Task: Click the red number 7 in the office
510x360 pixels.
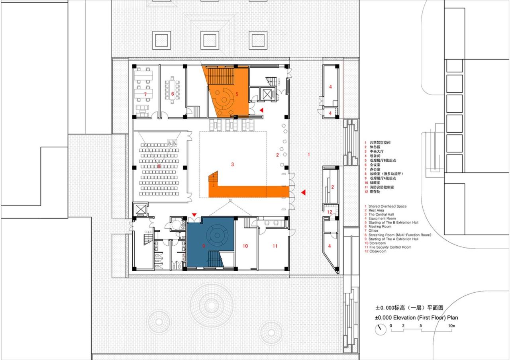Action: pyautogui.click(x=145, y=94)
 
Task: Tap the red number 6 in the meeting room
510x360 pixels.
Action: pyautogui.click(x=173, y=94)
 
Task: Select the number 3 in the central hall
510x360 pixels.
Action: pyautogui.click(x=232, y=164)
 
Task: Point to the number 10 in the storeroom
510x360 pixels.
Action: pyautogui.click(x=245, y=246)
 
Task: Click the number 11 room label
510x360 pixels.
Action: pyautogui.click(x=275, y=246)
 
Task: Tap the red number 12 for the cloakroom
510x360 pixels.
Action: pyautogui.click(x=329, y=212)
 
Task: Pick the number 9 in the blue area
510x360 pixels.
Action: pyautogui.click(x=203, y=247)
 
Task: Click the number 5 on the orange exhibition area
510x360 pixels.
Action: pyautogui.click(x=237, y=94)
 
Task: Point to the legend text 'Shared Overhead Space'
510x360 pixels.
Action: pyautogui.click(x=387, y=206)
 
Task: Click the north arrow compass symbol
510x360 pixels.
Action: pyautogui.click(x=381, y=329)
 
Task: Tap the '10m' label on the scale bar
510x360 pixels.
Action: pyautogui.click(x=451, y=326)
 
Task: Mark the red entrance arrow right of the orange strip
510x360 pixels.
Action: pyautogui.click(x=303, y=193)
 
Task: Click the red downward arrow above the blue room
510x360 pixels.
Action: pyautogui.click(x=194, y=215)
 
